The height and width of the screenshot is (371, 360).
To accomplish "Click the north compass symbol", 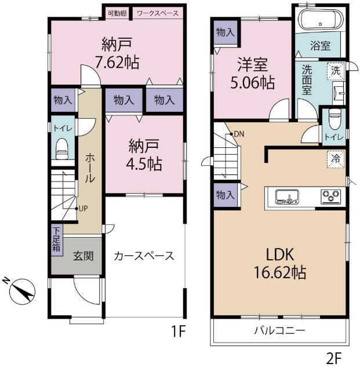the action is click(x=22, y=292).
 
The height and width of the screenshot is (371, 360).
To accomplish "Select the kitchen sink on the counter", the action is click(x=287, y=197).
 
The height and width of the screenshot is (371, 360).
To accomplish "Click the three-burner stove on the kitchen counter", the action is click(x=331, y=197).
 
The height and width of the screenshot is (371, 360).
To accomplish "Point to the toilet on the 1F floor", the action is click(x=62, y=148).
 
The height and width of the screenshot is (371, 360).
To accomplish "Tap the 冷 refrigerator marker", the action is click(x=336, y=159).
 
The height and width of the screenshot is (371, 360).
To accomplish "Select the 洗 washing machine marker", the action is click(x=336, y=71).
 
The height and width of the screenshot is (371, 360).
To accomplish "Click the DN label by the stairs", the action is click(x=239, y=134).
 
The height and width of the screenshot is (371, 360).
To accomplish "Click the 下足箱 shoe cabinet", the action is click(x=57, y=240).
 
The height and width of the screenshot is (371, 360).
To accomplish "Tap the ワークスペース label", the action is click(x=158, y=13).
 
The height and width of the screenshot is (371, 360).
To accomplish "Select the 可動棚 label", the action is click(x=117, y=13).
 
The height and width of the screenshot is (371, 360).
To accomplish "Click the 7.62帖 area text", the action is click(x=117, y=62).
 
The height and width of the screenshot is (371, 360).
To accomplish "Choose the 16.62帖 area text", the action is click(x=280, y=272).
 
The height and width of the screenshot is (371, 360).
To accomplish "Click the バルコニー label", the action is click(x=279, y=330).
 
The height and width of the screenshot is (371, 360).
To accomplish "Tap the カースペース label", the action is click(x=144, y=256).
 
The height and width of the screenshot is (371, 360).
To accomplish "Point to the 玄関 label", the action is click(x=83, y=256).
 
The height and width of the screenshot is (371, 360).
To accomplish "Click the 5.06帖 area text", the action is click(x=253, y=82).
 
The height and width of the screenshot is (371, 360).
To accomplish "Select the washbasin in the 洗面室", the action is click(x=339, y=93).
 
